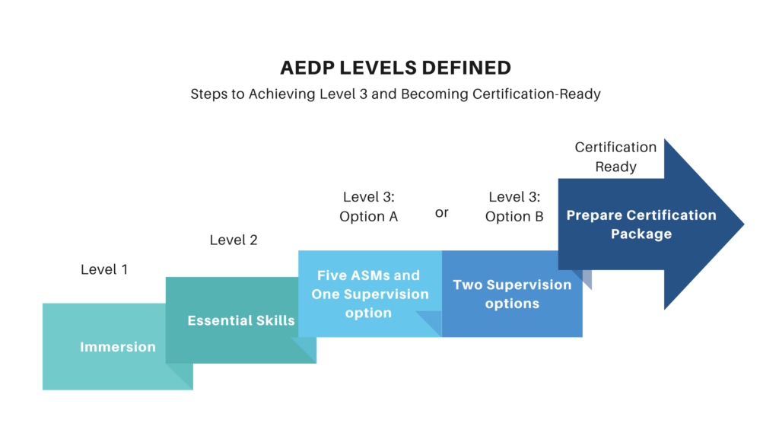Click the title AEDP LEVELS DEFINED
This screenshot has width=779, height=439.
(396, 68)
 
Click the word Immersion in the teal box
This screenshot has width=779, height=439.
(118, 347)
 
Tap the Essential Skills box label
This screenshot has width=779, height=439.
(241, 320)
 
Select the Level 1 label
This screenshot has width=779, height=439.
(104, 269)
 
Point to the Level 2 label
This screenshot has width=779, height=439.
(234, 240)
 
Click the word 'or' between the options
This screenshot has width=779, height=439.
(442, 212)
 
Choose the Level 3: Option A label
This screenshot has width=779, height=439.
(369, 207)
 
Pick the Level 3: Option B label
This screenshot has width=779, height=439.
(514, 207)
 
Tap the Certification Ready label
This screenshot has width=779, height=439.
(615, 157)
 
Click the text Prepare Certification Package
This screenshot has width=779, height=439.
(641, 224)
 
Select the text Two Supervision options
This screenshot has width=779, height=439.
(512, 294)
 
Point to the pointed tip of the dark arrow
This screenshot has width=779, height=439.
(744, 224)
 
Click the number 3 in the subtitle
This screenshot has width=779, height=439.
(363, 94)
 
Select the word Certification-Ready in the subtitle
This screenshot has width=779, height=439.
(536, 94)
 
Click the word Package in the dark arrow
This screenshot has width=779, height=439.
(641, 234)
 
